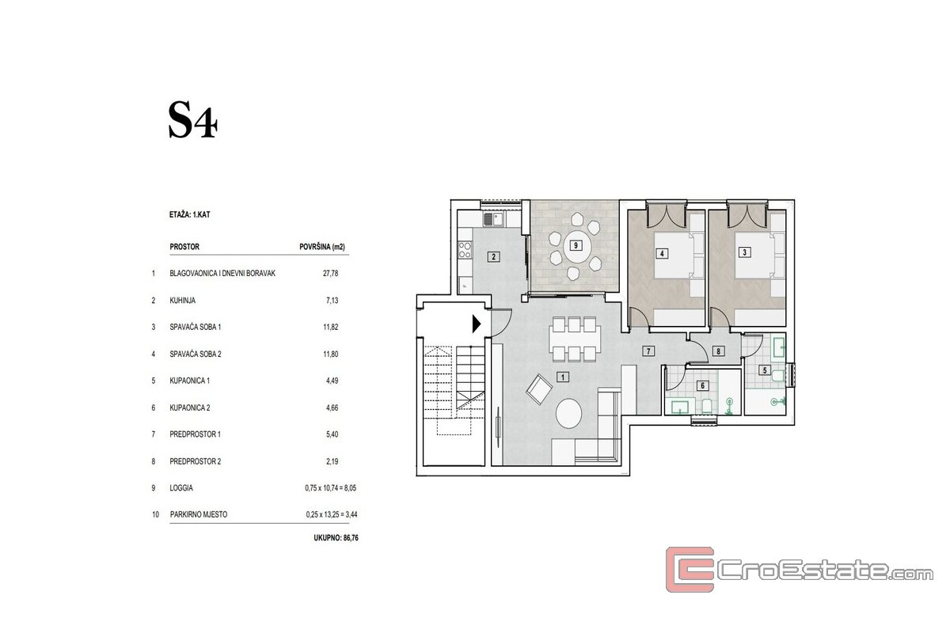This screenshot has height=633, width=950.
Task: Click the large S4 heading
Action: pyautogui.click(x=193, y=120)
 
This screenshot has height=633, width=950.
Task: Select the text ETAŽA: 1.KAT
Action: pyautogui.click(x=189, y=214)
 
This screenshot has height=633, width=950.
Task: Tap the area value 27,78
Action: pyautogui.click(x=330, y=274)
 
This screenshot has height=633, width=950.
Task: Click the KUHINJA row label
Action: pyautogui.click(x=182, y=301)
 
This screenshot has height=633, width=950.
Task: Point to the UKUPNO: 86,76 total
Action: pyautogui.click(x=336, y=537)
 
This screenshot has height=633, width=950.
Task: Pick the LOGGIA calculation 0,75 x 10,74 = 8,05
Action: pyautogui.click(x=330, y=488)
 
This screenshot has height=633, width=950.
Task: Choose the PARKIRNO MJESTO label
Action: pyautogui.click(x=199, y=515)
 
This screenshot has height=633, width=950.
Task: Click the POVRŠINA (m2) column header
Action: pyautogui.click(x=322, y=247)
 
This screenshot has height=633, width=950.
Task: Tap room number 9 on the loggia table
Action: pyautogui.click(x=576, y=245)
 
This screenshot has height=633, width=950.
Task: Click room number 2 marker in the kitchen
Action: pyautogui.click(x=493, y=256)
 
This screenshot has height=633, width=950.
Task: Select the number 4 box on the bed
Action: pyautogui.click(x=662, y=253)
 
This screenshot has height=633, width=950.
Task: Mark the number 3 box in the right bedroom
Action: pyautogui.click(x=744, y=252)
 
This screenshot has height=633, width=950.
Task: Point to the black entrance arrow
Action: pyautogui.click(x=477, y=324)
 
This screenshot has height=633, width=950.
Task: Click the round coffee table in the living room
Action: pyautogui.click(x=568, y=413)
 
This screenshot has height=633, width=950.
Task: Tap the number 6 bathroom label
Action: pyautogui.click(x=702, y=385)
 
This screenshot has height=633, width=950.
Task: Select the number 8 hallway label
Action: pyautogui.click(x=718, y=351)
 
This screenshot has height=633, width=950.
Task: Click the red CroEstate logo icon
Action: pyautogui.click(x=690, y=570)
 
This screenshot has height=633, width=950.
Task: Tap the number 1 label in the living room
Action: pyautogui.click(x=562, y=377)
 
